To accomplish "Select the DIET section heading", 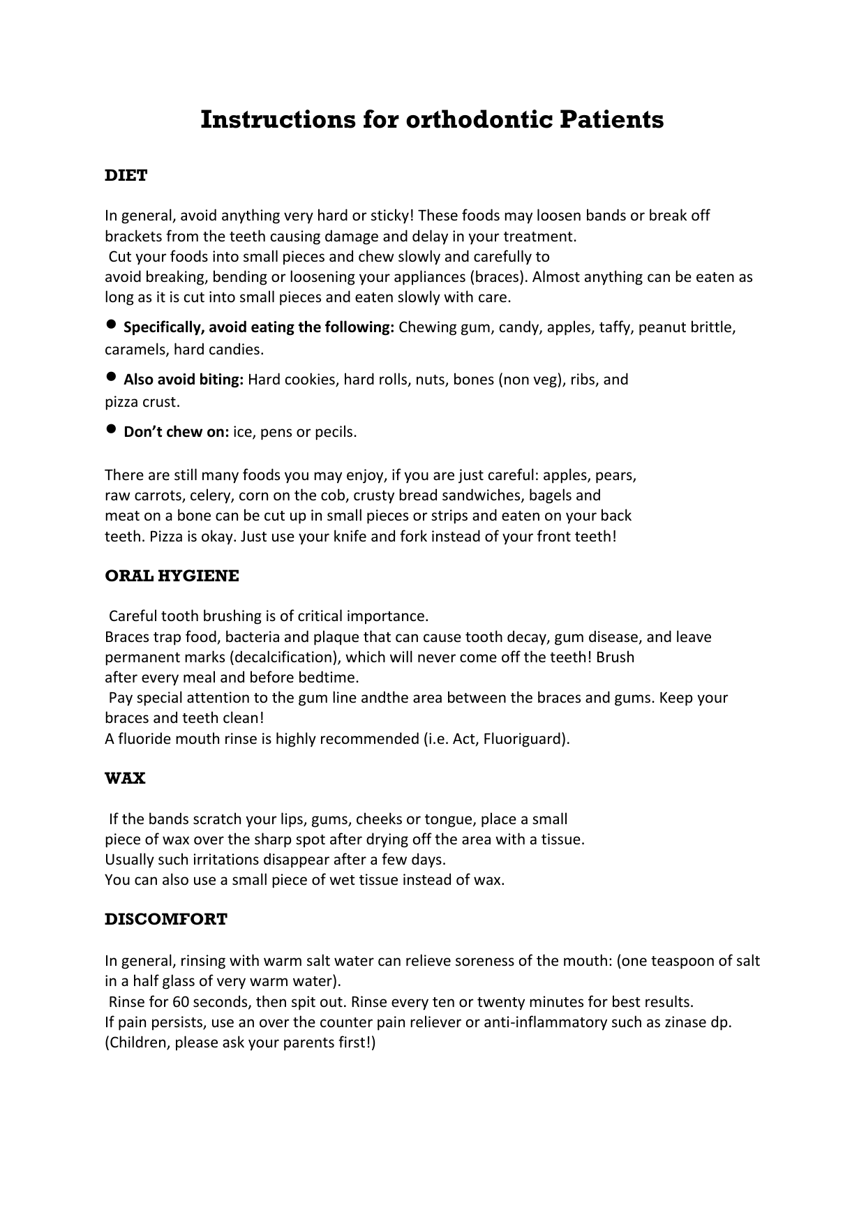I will pos(126,176).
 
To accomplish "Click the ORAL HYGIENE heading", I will pos(172,576).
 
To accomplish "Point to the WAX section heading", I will pos(125,779).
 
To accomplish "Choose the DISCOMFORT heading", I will pos(166,919).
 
